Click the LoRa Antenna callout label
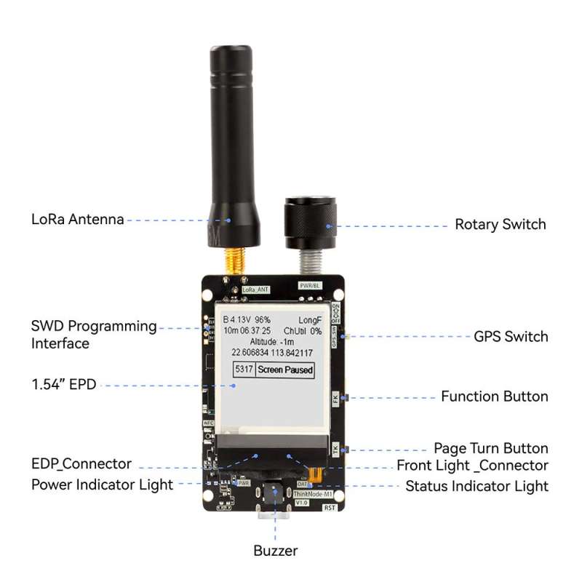tap(77, 219)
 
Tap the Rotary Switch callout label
tap(500, 224)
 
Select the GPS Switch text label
tap(511, 336)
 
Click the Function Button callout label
tap(494, 396)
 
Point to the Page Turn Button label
tap(490, 448)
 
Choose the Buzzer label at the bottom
tap(275, 551)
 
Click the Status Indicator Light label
tap(477, 486)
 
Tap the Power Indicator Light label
tap(102, 484)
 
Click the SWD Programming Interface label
tap(93, 335)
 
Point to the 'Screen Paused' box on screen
tap(286, 370)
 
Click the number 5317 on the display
tap(244, 370)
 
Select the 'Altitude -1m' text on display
tap(271, 341)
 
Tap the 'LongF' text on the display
tap(310, 319)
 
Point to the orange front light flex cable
tap(314, 474)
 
